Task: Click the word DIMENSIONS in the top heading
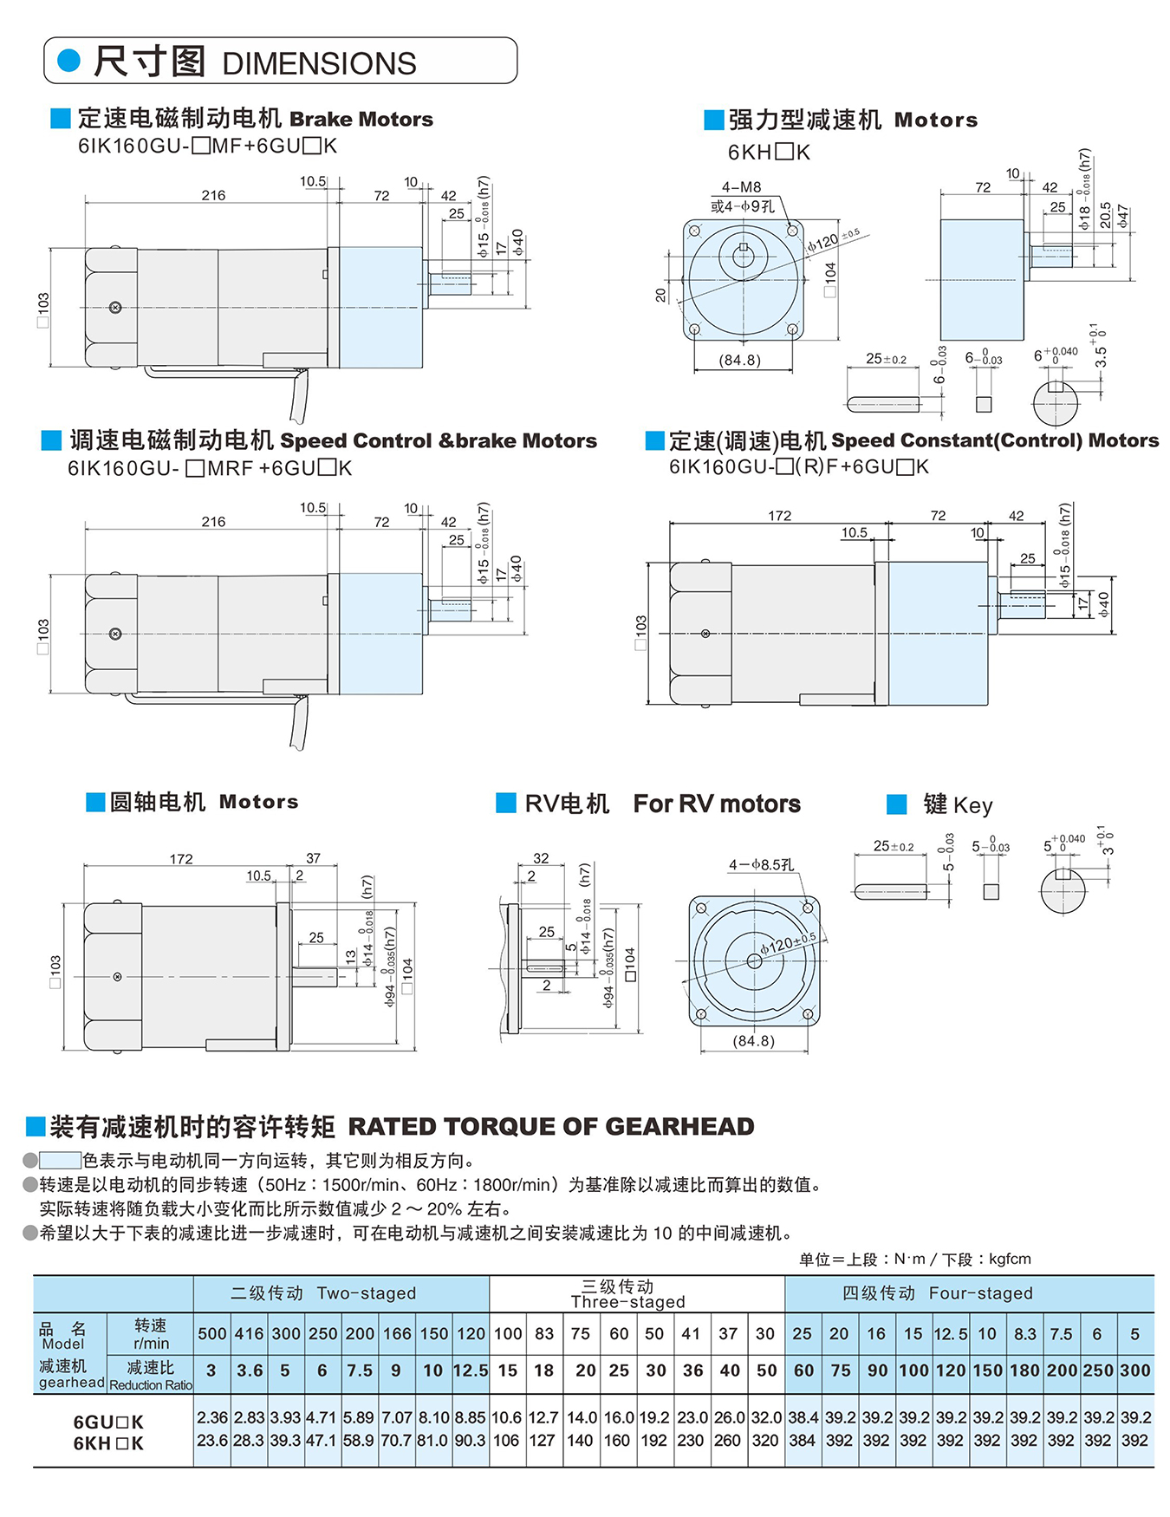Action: (319, 64)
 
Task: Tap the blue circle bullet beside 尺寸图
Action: (68, 61)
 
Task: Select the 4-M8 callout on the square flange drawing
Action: (741, 187)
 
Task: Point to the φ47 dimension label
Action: (1123, 216)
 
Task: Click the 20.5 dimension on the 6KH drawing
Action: (1106, 216)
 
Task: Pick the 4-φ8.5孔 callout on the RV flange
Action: (761, 865)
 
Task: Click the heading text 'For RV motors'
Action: (717, 804)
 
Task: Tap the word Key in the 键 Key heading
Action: (972, 805)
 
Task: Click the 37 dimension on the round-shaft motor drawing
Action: (313, 858)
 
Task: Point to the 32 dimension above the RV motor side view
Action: (541, 858)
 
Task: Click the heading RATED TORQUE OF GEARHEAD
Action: (551, 1127)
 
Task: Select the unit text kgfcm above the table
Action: (1010, 1259)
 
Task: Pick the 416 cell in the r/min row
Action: (250, 1334)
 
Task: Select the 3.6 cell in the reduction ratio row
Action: (250, 1371)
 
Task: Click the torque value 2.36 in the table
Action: (212, 1418)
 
